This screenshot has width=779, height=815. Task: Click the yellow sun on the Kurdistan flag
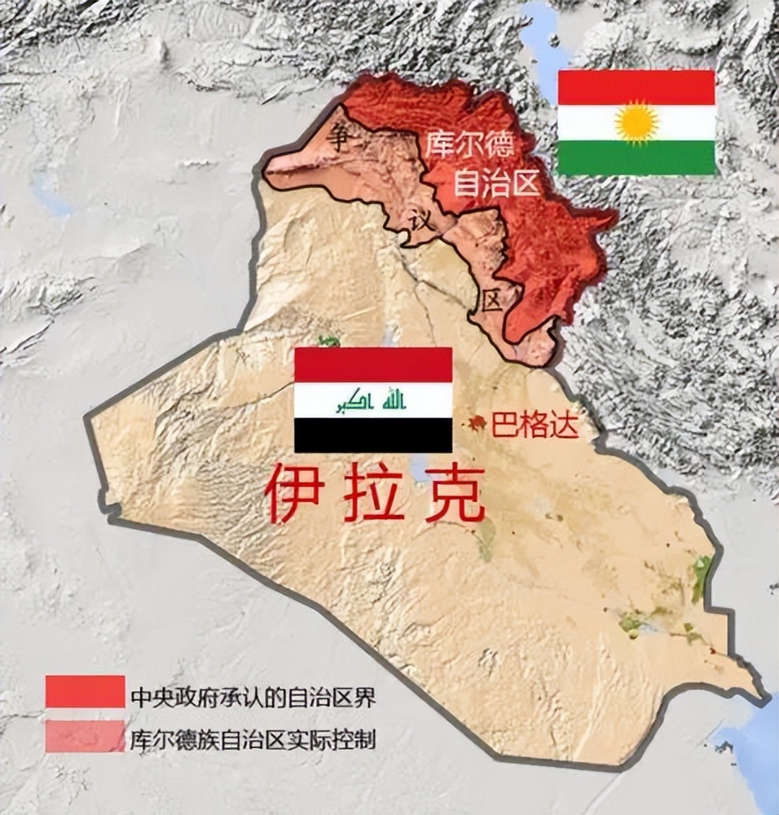click(x=636, y=123)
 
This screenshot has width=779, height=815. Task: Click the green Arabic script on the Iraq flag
click(x=373, y=400)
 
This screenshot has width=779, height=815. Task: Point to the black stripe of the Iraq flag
click(x=373, y=435)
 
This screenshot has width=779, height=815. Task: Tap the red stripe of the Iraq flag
click(x=373, y=364)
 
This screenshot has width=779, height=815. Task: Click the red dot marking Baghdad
click(x=476, y=423)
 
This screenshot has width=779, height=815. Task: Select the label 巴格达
click(x=535, y=425)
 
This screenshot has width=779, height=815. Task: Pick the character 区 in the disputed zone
click(x=491, y=302)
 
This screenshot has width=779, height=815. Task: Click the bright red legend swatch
click(x=85, y=691)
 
